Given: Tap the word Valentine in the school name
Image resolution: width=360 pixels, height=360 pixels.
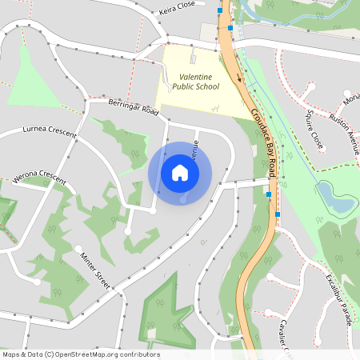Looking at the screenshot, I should pos(189,77).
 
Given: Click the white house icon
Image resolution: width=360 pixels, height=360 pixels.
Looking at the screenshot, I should pos(180,173).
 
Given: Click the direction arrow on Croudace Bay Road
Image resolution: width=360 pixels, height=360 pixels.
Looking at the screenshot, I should pos(238,78).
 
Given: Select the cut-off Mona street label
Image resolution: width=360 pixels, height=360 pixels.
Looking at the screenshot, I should pos(352,97).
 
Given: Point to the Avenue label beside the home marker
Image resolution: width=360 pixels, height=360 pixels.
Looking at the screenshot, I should pos(194,144).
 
